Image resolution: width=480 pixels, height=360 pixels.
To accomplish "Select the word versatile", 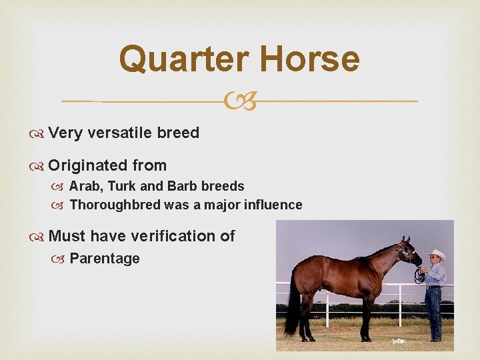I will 119,133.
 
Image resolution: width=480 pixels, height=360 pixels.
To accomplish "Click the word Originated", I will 89,165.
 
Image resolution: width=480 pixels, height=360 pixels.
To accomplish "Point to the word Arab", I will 83,186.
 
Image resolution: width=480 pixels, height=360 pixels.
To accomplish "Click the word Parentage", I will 105,258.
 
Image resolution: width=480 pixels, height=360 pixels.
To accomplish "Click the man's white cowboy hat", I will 437,255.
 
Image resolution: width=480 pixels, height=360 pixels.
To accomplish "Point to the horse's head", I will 408,253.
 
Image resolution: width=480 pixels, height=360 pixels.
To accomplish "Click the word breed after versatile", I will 178,133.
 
